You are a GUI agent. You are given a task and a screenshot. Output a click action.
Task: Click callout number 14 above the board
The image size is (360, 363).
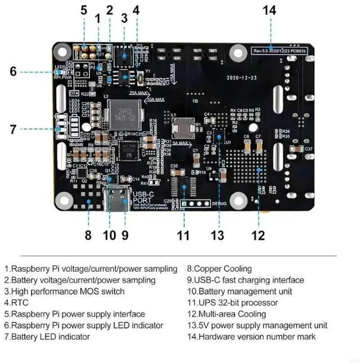click(270, 10)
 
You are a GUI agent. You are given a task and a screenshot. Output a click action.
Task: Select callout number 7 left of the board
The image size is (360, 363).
click(13, 129)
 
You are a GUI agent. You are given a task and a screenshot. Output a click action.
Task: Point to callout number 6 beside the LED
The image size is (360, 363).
click(13, 71)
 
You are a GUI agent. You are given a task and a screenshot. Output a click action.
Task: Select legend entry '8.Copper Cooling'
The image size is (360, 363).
click(219, 269)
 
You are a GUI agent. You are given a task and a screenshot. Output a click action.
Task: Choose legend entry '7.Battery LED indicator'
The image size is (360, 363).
click(47, 337)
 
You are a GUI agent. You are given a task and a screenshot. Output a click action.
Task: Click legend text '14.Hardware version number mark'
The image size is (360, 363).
click(251, 337)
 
